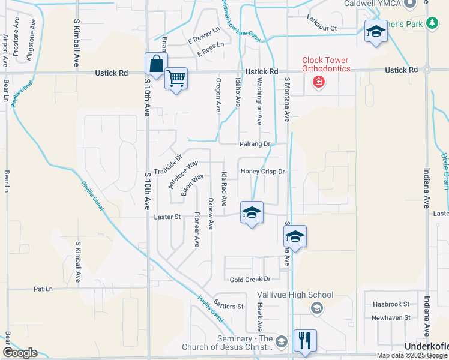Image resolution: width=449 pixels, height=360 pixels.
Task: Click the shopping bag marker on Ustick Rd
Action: pos(156,64)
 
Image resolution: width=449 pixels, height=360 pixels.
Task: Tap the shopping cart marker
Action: pos(176,77)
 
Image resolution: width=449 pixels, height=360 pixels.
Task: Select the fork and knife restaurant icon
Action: pos(305,340)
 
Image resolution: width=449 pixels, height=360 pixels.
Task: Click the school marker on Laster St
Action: pos(252,212)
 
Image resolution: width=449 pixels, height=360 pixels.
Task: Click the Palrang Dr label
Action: pos(255,144)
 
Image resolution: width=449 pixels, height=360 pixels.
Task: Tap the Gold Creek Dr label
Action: pos(251,279)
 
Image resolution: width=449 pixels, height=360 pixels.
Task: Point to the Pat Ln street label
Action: pos(43,289)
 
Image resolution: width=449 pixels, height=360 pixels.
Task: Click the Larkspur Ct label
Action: pos(322,28)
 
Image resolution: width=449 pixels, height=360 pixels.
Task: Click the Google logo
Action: pos(20,353)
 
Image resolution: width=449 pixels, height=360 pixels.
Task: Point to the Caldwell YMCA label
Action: pos(370,4)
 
